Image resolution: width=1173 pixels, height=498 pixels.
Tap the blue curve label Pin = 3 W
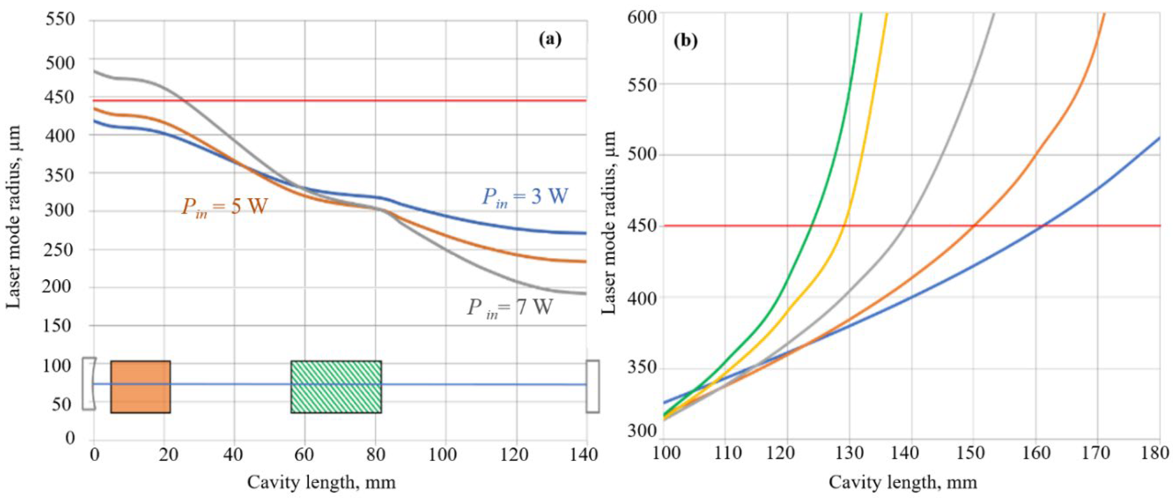tap(525, 197)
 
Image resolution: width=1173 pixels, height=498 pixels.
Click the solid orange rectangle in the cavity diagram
tap(140, 387)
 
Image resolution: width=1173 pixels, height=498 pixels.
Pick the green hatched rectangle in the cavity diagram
tap(336, 387)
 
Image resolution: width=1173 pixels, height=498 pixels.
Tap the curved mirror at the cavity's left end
tap(89, 384)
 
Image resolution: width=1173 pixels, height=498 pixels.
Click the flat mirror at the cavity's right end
tap(592, 387)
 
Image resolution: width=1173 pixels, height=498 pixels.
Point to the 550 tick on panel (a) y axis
tap(60, 20)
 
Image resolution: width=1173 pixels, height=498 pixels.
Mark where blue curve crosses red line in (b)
tap(1043, 225)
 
